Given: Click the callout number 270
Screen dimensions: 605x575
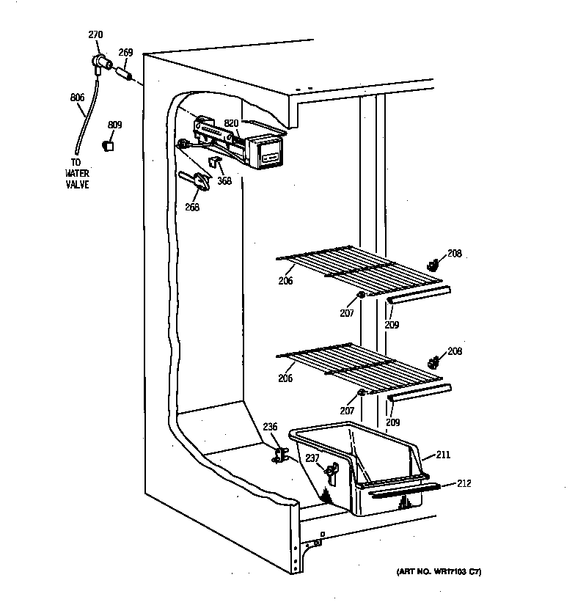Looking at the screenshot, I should pos(95,34).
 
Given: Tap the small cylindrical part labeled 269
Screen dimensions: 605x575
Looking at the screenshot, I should pos(123,73).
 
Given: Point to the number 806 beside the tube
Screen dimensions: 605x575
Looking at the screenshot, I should pos(77,98).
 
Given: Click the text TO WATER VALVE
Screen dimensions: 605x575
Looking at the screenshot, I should pos(76,174).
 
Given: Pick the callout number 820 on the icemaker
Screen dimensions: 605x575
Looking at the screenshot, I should pos(232,123).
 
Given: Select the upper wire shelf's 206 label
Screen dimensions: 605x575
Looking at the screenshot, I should pos(285,281).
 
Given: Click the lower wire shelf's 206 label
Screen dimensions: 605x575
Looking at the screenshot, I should pos(285,378).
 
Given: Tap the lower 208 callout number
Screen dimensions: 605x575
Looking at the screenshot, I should pos(455,351).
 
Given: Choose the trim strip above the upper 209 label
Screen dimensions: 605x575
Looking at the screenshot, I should pos(419,294).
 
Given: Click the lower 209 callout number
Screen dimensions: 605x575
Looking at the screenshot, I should pos(393,422).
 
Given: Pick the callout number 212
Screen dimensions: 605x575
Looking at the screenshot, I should pos(464,483).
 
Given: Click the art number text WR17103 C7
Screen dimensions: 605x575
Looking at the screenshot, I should pos(436,571).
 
